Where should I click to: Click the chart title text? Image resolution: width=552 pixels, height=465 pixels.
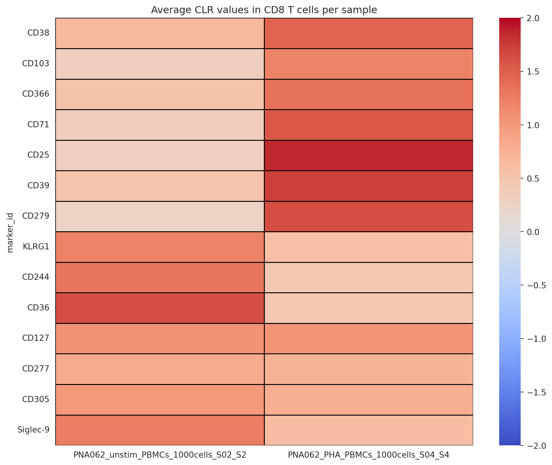tap(264, 10)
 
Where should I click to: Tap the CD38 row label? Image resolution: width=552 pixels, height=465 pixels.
tap(38, 33)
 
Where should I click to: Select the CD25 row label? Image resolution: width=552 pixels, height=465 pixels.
tap(38, 155)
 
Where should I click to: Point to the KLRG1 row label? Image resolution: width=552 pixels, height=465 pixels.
tap(36, 247)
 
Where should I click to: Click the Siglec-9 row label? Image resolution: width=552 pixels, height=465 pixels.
tap(33, 430)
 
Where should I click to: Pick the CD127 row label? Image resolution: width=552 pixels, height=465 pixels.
tap(36, 338)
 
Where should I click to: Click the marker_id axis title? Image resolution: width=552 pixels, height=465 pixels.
tap(10, 232)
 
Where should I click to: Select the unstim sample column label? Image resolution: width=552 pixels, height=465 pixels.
tap(160, 455)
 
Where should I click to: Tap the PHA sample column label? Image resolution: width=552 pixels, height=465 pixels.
tap(368, 455)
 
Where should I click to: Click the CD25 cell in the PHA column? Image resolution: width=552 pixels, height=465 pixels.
tap(368, 155)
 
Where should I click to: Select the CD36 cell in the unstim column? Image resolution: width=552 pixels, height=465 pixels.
tap(160, 308)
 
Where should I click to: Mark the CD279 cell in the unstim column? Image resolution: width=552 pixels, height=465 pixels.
tap(160, 216)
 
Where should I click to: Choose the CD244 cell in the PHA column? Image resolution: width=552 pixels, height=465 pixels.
tap(368, 277)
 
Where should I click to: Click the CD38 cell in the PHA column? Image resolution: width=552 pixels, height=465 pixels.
tap(368, 33)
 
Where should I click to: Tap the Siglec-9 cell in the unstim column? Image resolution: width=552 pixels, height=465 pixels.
tap(160, 430)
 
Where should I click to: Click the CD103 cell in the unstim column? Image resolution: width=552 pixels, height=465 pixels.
tap(160, 63)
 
